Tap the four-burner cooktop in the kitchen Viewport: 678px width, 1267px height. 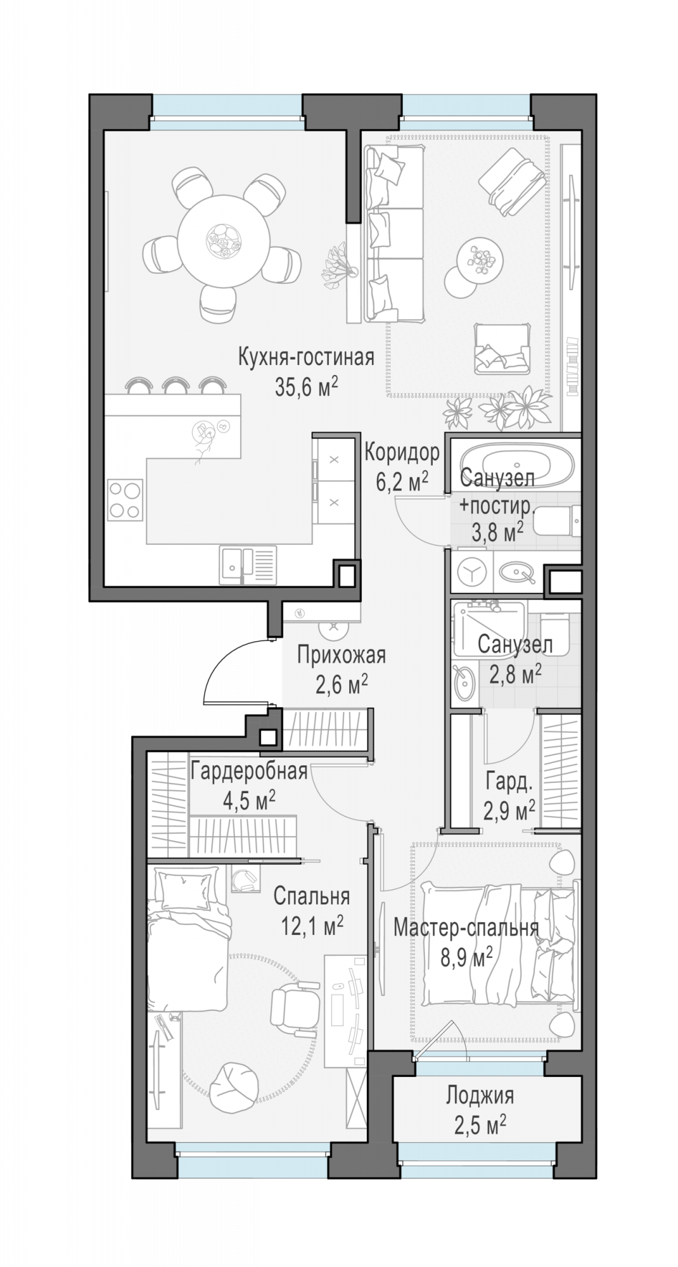click(125, 500)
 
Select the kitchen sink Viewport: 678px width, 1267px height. click(248, 564)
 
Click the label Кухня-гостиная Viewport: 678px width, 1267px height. click(306, 357)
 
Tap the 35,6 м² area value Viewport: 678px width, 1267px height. click(306, 386)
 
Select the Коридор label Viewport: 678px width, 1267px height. click(402, 453)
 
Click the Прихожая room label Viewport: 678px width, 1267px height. click(342, 654)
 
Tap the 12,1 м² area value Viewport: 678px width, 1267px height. click(312, 926)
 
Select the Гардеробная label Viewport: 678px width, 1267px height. click(249, 771)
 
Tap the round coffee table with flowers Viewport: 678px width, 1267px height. click(481, 258)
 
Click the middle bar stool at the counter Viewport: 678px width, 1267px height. click(176, 385)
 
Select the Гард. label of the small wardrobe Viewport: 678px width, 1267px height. click(509, 782)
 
